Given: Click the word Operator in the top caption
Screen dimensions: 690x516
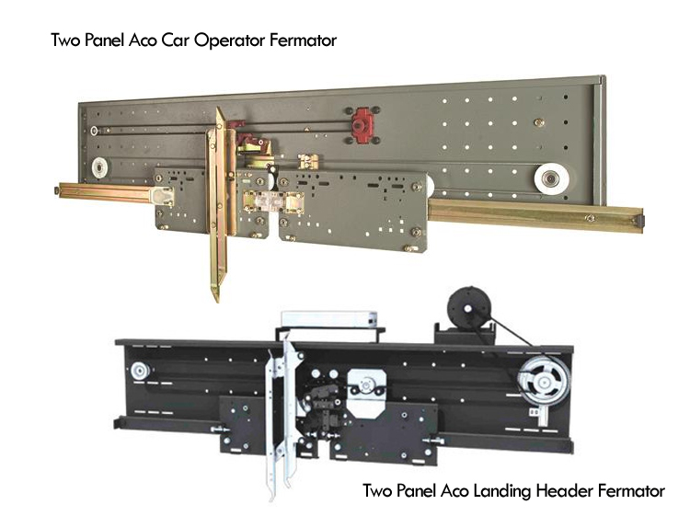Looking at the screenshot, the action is (229, 40).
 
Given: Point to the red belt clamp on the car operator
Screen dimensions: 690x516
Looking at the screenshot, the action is (362, 125).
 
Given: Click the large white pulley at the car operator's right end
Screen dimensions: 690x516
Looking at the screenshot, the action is (552, 179).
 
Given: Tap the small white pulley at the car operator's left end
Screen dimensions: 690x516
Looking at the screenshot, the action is (100, 167).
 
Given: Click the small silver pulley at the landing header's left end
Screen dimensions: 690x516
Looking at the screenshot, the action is (140, 371).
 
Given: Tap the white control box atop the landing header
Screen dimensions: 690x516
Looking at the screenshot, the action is (329, 318).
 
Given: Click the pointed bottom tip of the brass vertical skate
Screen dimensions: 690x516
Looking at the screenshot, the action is (216, 301).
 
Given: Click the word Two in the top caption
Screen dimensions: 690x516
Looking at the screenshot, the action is (65, 40).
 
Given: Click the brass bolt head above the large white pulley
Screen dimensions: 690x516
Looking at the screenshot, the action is (538, 122).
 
